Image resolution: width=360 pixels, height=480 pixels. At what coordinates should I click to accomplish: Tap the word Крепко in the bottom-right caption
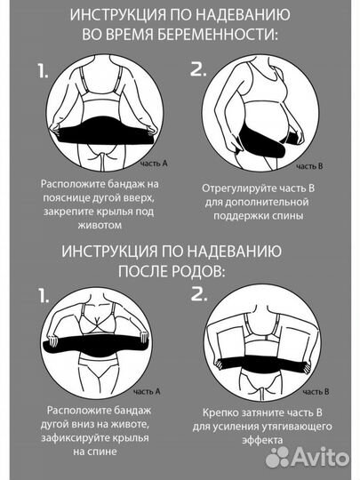coord(224,412)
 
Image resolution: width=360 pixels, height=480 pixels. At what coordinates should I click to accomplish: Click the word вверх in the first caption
coord(148,198)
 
